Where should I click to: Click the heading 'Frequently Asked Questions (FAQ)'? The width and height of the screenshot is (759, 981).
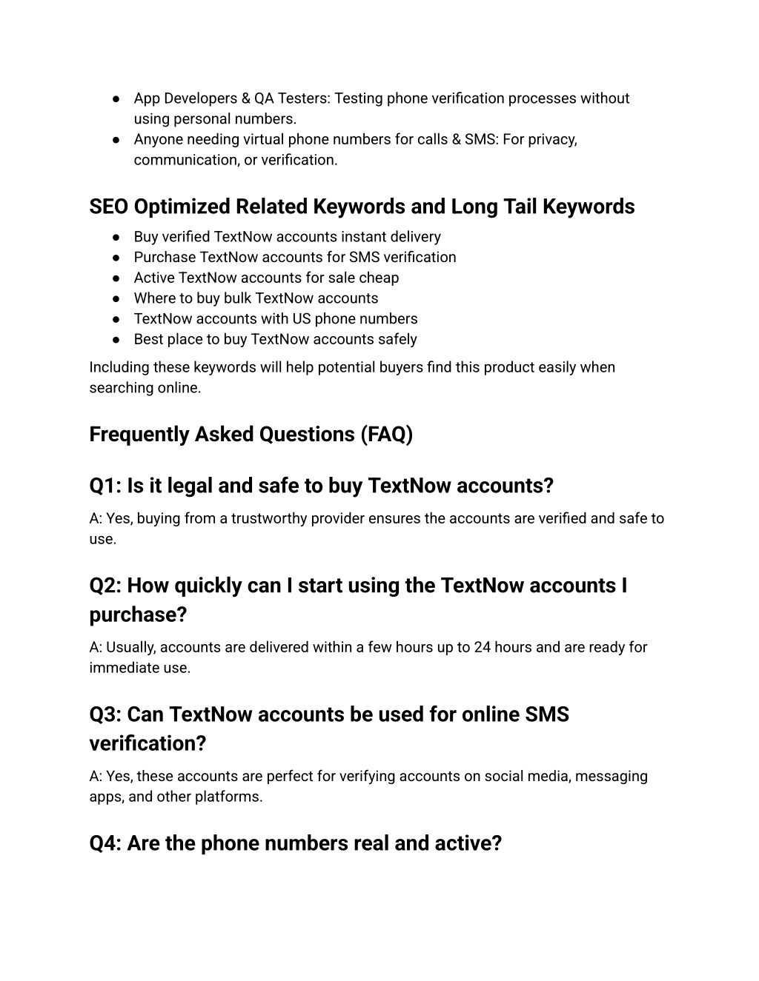point(251,435)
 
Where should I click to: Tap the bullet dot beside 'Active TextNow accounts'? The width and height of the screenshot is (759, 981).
point(117,278)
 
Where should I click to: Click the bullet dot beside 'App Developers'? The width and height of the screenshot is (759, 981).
point(117,99)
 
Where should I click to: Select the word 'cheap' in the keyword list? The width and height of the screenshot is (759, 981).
point(379,278)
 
